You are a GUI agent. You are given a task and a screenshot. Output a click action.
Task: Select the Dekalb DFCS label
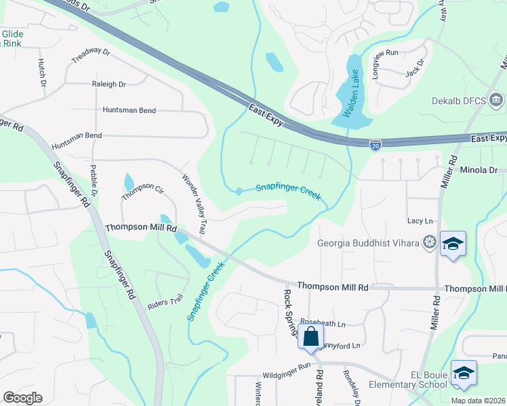[459, 101]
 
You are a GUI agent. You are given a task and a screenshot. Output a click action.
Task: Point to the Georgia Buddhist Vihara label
[369, 243]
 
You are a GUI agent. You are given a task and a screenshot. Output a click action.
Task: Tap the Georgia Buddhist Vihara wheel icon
[428, 242]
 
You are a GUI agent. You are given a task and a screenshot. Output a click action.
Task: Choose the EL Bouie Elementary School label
[407, 379]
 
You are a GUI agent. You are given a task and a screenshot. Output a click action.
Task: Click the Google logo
[22, 397]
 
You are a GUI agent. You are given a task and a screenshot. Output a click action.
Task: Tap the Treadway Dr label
[90, 55]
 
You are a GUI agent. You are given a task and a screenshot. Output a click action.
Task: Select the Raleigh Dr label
[109, 85]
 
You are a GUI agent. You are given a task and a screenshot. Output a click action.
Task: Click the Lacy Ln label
[420, 221]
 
